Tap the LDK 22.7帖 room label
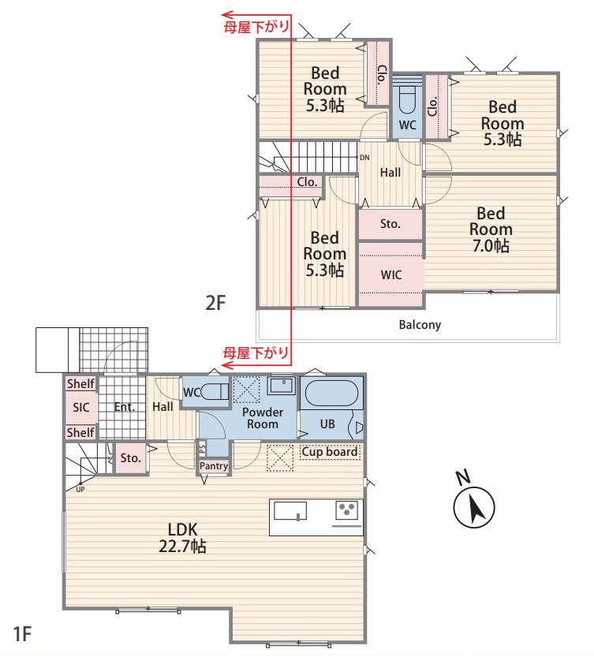(182, 538)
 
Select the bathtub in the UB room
(331, 394)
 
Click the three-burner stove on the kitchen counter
(346, 510)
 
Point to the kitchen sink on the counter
(290, 511)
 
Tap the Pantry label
(214, 466)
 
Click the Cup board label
(330, 452)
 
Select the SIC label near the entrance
(81, 407)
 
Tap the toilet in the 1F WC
(215, 391)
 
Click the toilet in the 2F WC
(407, 100)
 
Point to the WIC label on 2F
(391, 274)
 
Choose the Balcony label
(420, 325)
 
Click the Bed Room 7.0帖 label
(491, 230)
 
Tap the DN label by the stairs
(364, 158)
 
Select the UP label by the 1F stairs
(80, 490)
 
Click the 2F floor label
(215, 303)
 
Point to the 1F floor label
(23, 634)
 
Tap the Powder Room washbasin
(282, 385)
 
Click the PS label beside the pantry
(202, 448)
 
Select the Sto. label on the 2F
(390, 224)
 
